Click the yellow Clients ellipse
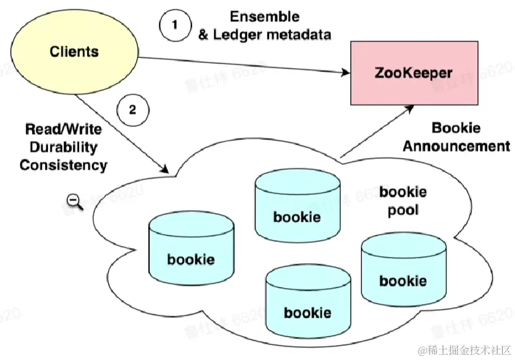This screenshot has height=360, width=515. [74, 52]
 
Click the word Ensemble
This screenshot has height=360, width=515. [264, 16]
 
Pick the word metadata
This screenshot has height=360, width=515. [298, 35]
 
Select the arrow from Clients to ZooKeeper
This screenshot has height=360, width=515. [246, 66]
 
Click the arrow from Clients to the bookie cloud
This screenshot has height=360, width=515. [123, 135]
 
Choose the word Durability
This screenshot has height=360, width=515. [63, 147]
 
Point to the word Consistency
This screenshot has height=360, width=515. [63, 165]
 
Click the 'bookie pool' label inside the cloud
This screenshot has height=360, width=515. [403, 201]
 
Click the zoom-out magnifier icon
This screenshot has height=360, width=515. [74, 201]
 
